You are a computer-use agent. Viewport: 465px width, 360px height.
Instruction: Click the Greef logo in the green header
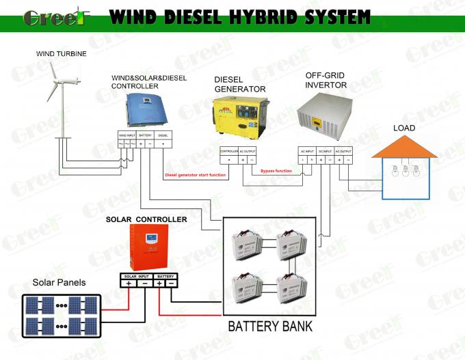[x=54, y=16]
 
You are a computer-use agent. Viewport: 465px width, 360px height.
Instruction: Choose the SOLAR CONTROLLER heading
[x=146, y=219]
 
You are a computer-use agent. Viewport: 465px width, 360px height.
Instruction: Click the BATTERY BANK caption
[x=270, y=325]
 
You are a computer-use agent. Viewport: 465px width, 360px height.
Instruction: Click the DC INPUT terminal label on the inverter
[x=325, y=150]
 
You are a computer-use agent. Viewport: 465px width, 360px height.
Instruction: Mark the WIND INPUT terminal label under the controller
[x=127, y=135]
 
